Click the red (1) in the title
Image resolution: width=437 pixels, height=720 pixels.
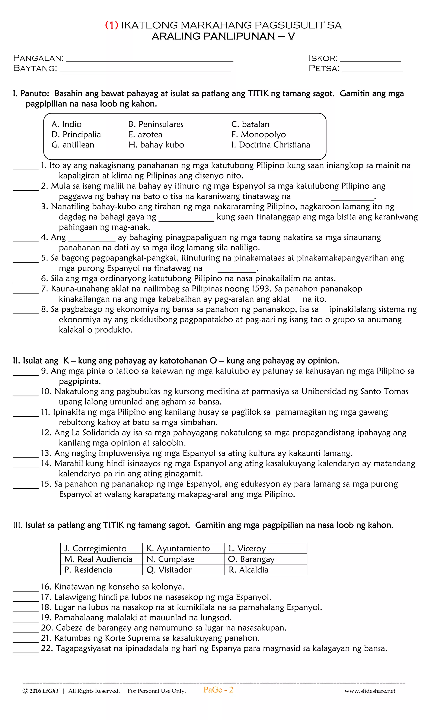(x=112, y=25)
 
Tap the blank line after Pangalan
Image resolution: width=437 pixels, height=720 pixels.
(x=150, y=60)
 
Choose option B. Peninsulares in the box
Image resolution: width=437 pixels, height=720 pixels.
(x=156, y=124)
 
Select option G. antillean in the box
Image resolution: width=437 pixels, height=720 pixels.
(x=73, y=145)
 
